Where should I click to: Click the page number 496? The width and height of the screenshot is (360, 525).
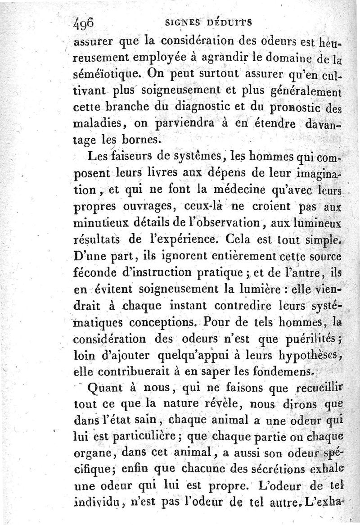click(83, 21)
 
